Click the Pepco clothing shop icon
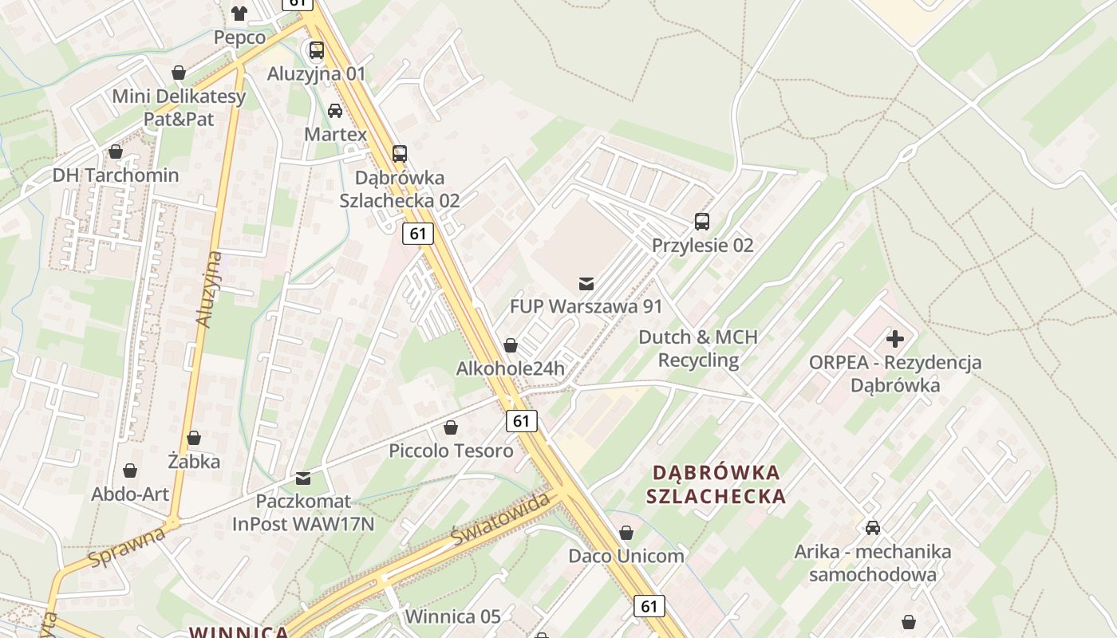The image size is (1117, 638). click(x=239, y=12)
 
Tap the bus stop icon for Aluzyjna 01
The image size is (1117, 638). click(x=317, y=50)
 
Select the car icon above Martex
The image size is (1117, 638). click(x=335, y=111)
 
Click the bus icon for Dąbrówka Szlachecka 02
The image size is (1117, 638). click(x=400, y=153)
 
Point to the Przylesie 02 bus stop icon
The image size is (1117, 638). click(x=702, y=221)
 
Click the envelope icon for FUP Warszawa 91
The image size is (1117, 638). click(x=586, y=283)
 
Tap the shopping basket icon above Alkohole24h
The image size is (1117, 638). click(x=510, y=345)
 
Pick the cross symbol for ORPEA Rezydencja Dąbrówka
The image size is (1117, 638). click(x=895, y=339)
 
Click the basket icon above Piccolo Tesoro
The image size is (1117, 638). click(x=451, y=427)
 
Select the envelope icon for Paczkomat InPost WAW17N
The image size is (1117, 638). click(x=302, y=478)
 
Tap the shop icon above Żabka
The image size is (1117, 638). click(x=194, y=438)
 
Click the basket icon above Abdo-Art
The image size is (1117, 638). click(x=130, y=471)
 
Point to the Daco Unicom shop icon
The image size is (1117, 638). click(x=626, y=532)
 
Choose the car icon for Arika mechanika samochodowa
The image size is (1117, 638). click(x=873, y=527)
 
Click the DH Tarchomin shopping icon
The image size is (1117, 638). click(x=116, y=152)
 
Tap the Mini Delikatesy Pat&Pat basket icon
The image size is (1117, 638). click(x=179, y=73)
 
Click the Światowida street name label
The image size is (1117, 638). click(x=501, y=518)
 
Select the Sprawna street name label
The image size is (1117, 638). click(x=128, y=546)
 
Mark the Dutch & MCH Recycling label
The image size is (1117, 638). click(x=698, y=349)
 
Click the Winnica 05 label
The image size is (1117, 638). click(x=453, y=616)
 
